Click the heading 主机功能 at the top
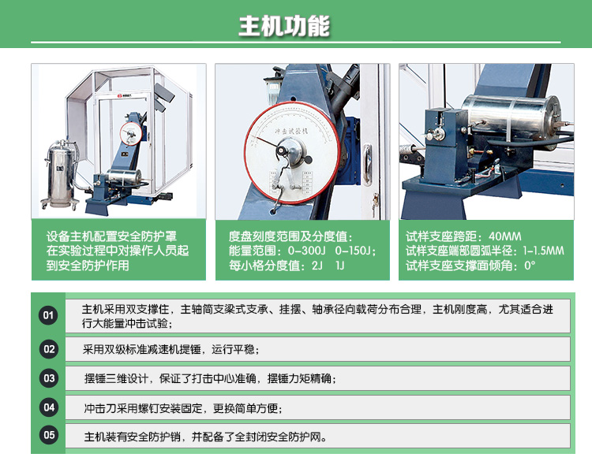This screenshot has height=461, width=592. click(x=284, y=26)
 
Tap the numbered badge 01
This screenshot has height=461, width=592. click(x=48, y=316)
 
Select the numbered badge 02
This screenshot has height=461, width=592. click(x=48, y=349)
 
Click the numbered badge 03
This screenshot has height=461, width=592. click(x=48, y=379)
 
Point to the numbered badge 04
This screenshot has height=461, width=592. click(x=48, y=407)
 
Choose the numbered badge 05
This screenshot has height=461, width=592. click(x=48, y=435)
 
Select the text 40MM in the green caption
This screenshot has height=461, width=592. click(x=505, y=236)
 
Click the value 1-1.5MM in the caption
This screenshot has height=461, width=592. click(x=544, y=251)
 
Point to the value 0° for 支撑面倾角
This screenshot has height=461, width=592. click(x=530, y=266)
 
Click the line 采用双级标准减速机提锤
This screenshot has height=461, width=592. click(x=170, y=349)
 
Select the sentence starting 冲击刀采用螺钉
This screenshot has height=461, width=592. click(x=182, y=408)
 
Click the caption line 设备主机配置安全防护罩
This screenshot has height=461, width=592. click(x=111, y=236)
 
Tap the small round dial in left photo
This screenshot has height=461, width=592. click(x=129, y=131)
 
